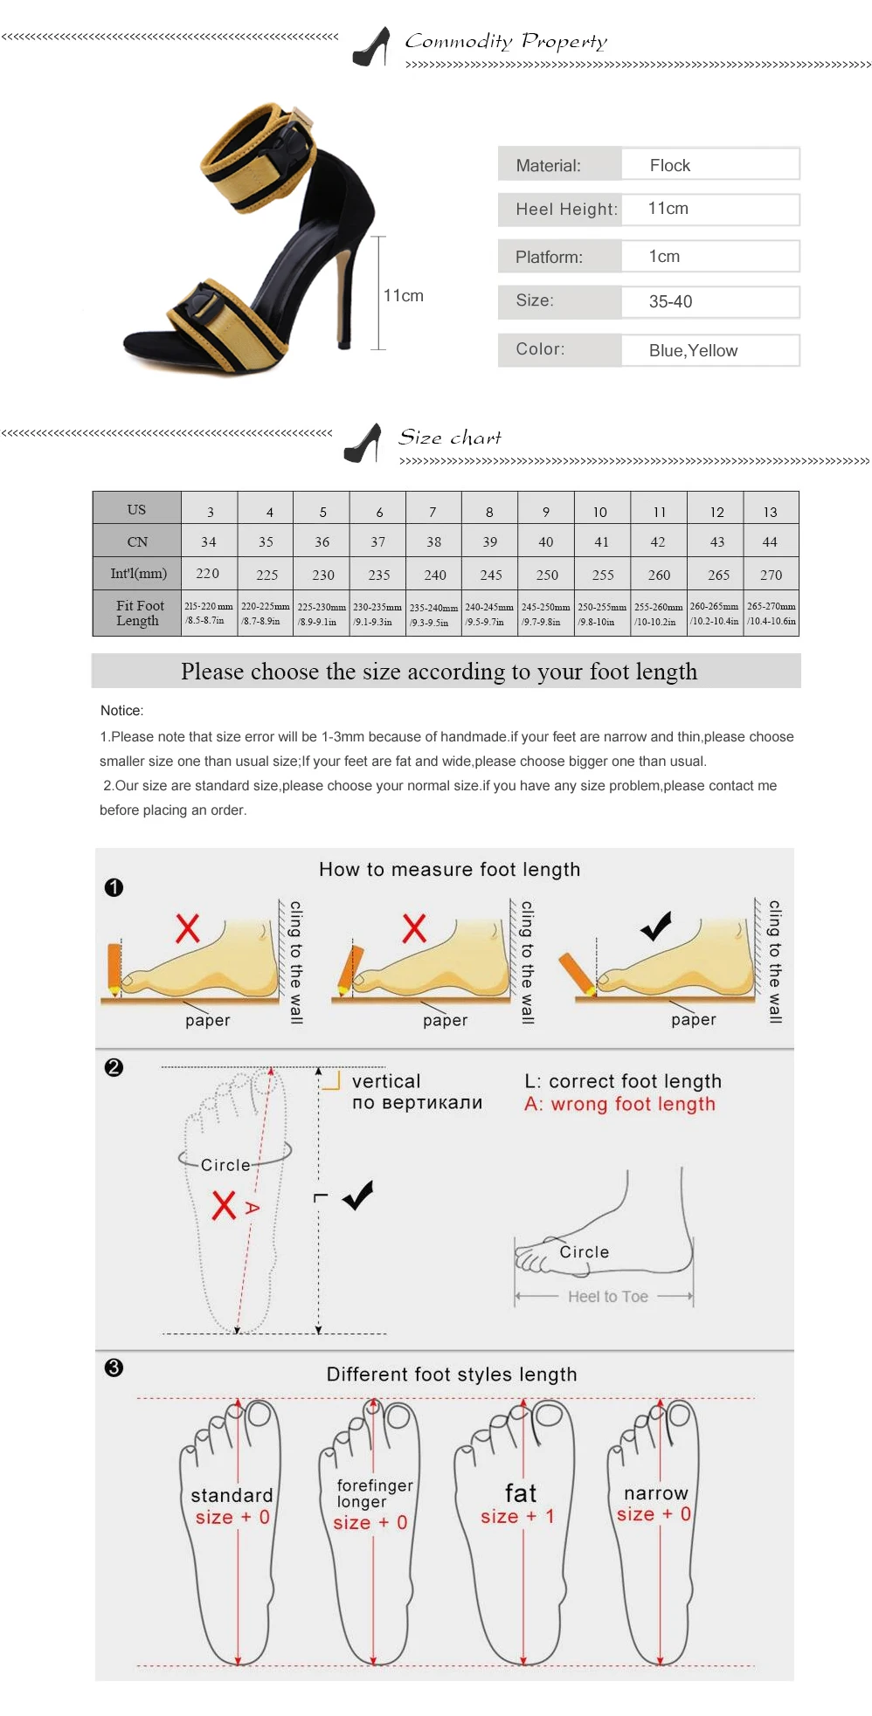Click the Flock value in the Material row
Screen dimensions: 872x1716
pos(669,165)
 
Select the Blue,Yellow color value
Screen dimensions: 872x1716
pos(693,350)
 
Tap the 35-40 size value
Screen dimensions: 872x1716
pos(670,301)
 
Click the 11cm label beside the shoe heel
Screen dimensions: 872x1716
pos(403,295)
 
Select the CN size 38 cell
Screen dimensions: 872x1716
pos(433,541)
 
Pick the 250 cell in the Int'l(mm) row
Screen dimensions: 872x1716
pos(547,575)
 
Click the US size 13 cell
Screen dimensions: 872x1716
pos(770,512)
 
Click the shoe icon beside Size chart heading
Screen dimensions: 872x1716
pos(363,443)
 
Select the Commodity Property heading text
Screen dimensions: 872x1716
pos(506,41)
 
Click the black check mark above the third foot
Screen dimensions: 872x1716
pos(656,926)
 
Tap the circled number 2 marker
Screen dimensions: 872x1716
pos(114,1067)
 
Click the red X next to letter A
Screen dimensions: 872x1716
pos(224,1204)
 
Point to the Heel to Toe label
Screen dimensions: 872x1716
pos(608,1297)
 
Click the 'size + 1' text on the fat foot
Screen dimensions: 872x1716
pos(517,1517)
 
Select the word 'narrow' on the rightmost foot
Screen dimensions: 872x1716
pos(656,1492)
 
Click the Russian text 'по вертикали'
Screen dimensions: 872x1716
pos(417,1103)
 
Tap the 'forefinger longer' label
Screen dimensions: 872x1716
pos(375,1493)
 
